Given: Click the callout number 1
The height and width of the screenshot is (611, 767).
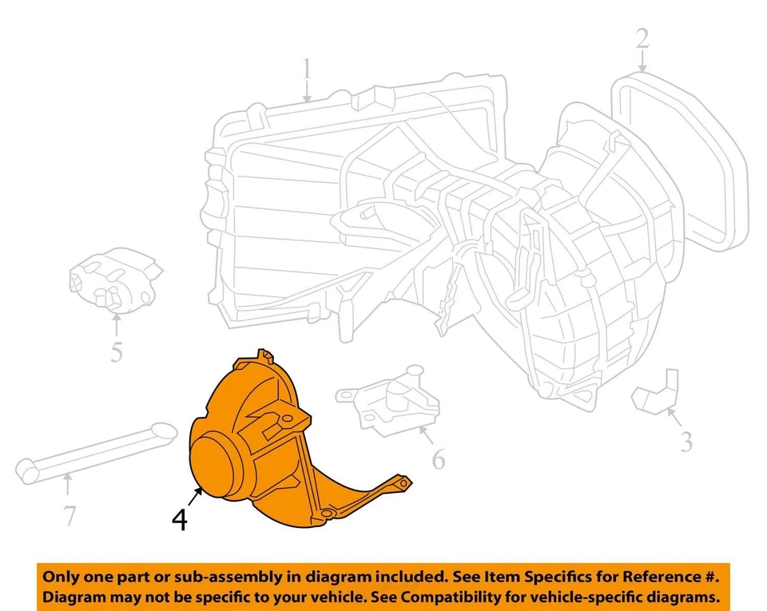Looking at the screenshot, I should point(306,75).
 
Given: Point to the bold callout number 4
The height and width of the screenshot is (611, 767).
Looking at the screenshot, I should point(181,521).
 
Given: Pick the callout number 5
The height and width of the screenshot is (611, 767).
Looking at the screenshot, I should point(116,351).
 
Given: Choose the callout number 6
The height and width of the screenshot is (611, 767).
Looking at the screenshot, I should point(439,459).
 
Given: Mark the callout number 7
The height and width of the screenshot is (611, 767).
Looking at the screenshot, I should point(70,516).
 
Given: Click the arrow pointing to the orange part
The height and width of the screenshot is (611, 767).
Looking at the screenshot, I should point(197,497).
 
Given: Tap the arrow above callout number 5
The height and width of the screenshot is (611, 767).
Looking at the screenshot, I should point(117,323).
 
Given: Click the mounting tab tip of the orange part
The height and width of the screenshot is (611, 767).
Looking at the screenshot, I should point(406,482).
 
